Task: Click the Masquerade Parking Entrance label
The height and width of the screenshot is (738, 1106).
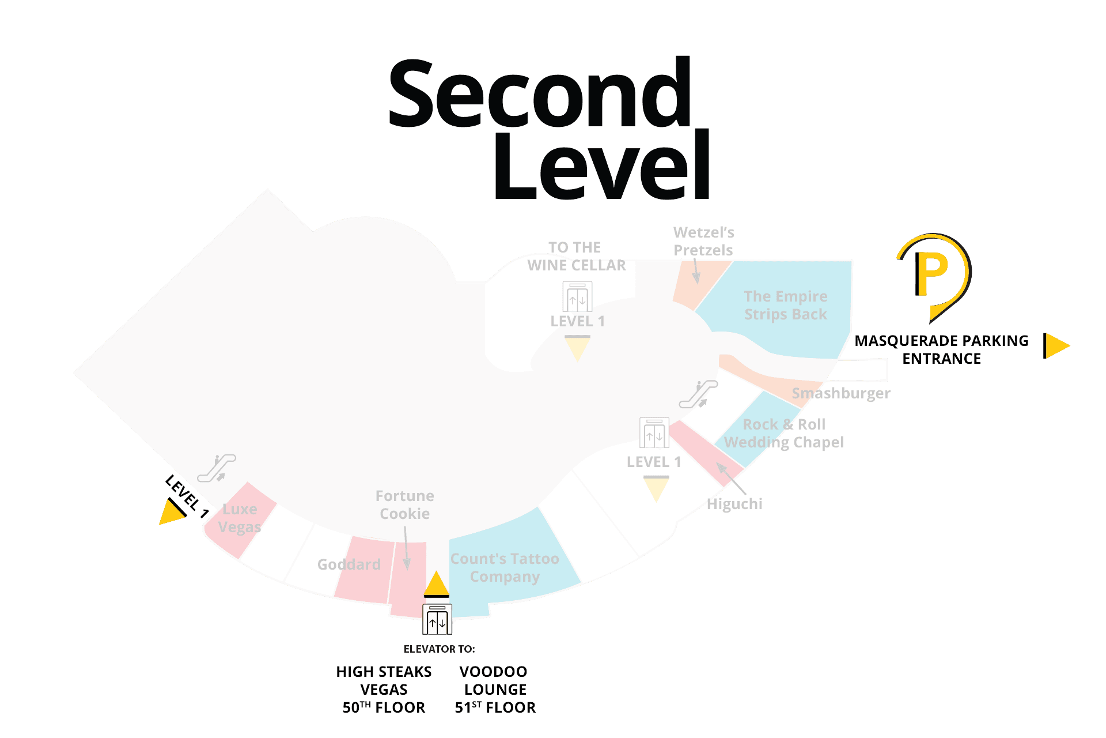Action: click(941, 350)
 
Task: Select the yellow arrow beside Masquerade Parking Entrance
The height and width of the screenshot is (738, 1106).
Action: click(1056, 346)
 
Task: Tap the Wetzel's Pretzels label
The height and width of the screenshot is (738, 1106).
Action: click(703, 242)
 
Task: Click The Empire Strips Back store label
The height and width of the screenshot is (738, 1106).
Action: click(785, 306)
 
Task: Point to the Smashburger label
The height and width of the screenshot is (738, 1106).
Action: click(840, 394)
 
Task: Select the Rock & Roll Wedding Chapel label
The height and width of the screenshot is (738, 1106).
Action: click(783, 434)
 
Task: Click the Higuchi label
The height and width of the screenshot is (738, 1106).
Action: click(734, 504)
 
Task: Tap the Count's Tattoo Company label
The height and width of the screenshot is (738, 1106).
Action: click(505, 568)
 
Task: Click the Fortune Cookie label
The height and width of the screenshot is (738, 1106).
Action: click(404, 505)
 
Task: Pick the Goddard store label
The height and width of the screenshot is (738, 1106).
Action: click(349, 564)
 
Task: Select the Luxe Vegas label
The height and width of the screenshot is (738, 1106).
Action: click(240, 518)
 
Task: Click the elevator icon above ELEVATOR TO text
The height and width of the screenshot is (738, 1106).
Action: click(437, 620)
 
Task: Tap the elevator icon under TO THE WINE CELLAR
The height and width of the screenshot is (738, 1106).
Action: click(577, 297)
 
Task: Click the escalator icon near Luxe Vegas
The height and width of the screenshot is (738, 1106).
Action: click(217, 468)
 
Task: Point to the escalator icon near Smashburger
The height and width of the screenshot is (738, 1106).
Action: click(698, 394)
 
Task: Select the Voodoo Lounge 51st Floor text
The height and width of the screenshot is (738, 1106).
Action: click(495, 690)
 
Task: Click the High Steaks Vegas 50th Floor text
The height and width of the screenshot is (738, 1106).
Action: click(384, 690)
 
